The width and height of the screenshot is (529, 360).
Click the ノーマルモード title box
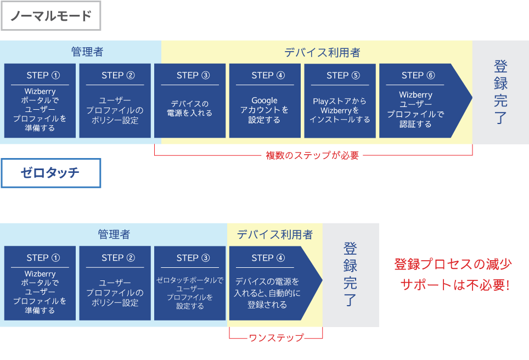[x=51, y=16]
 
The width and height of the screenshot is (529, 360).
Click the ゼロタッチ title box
[x=51, y=173]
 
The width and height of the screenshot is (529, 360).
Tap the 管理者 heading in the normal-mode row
[x=87, y=52]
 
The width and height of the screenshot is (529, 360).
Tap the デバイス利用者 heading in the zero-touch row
[x=274, y=234]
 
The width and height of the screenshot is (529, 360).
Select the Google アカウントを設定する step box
[x=265, y=100]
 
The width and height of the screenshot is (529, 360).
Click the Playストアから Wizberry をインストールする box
[x=340, y=100]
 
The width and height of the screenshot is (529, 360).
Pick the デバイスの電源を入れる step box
[x=190, y=100]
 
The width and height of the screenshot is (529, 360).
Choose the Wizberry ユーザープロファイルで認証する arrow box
[x=421, y=100]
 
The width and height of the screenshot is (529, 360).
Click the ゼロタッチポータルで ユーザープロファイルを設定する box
[x=190, y=283]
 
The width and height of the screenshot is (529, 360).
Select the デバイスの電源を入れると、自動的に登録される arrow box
[x=272, y=283]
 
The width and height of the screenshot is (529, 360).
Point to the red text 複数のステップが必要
[x=312, y=155]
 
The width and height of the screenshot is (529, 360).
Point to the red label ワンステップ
[x=277, y=337]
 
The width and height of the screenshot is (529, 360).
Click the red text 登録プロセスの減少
[x=453, y=264]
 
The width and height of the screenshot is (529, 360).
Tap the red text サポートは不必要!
[x=455, y=285]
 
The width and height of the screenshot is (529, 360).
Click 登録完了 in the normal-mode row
[x=500, y=92]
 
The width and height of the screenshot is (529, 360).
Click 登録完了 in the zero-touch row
[x=350, y=274]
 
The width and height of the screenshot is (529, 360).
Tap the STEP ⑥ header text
[x=418, y=75]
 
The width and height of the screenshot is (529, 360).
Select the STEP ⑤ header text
[x=343, y=75]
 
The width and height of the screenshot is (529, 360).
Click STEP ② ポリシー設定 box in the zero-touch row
[x=115, y=283]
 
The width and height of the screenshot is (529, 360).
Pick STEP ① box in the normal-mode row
[x=40, y=100]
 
